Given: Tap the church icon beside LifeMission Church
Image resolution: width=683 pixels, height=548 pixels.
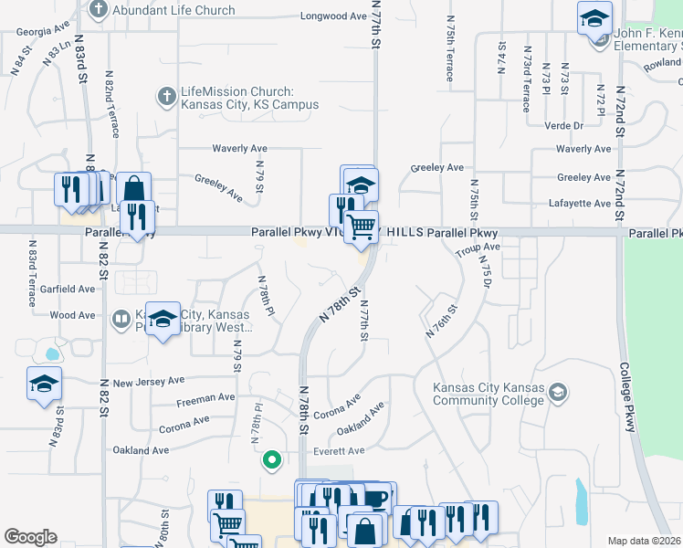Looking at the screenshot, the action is coord(166,95).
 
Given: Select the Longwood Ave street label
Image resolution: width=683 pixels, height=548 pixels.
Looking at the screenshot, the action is coord(333,16).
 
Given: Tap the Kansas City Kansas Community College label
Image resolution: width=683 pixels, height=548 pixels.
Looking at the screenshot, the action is coord(489,394).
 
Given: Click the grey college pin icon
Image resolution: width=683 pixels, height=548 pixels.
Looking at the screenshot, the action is coord(559,394).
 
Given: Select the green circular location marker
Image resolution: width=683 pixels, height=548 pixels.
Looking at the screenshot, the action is coord(270,460).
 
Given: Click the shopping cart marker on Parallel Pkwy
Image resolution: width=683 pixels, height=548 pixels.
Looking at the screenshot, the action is coord(362,225).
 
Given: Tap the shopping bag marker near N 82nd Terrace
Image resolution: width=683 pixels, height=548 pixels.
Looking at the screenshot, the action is coord(133,188).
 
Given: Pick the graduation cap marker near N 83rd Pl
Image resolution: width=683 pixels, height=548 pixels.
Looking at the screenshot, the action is coord(43,385).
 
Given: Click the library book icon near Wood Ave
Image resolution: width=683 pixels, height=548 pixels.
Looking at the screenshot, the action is coord(121,319).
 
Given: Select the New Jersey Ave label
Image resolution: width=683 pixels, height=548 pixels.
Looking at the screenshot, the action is coord(149,381).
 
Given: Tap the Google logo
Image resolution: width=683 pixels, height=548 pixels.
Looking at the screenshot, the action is coord(31,537).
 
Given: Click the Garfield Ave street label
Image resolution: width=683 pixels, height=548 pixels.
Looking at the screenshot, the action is coord(73,289).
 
